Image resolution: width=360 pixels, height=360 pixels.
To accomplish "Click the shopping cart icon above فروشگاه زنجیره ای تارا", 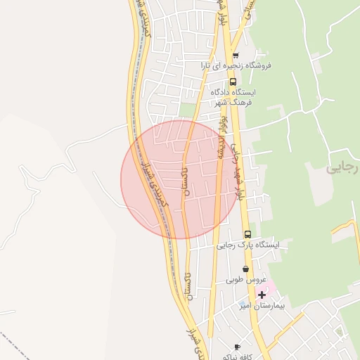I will tap(235, 56).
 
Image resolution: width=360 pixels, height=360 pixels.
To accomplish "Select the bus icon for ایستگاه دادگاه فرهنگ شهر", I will tap(233, 82).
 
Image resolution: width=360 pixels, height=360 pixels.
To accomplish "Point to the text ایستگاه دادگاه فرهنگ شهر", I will tap(235, 97).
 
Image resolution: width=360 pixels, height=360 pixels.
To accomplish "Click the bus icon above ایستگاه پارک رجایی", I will tap(247, 234).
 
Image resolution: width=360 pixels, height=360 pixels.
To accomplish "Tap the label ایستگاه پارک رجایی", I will tap(247, 245).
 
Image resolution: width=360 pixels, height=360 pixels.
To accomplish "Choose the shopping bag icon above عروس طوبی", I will tap(245, 269).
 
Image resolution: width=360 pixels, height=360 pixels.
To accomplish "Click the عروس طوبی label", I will tap(245, 280).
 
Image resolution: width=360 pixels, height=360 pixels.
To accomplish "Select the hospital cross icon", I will tap(262, 294).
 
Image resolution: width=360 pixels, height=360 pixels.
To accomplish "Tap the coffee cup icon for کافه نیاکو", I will tap(237, 347).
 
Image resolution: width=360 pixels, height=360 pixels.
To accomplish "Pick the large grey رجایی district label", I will tap(343, 169).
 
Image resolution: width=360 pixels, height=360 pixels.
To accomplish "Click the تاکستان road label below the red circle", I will tap(188, 285).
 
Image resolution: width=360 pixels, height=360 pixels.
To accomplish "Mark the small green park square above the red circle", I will tap(186, 110).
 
